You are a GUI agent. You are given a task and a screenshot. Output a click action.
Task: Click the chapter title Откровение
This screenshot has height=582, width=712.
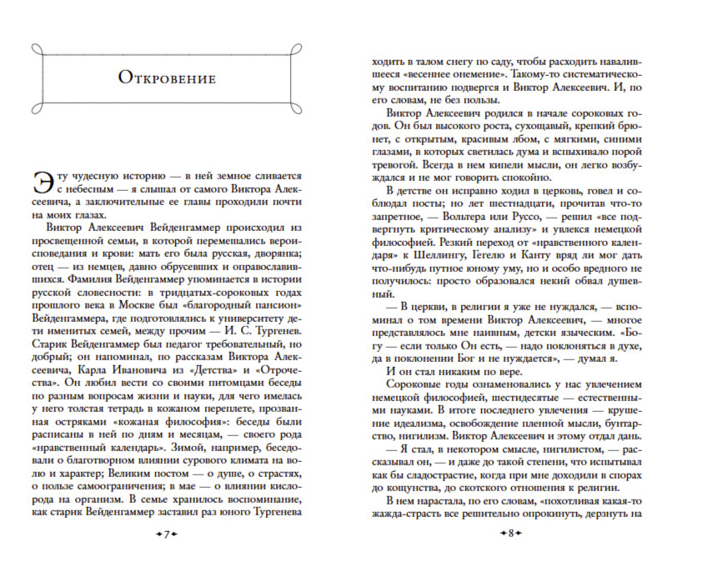[x=167, y=79]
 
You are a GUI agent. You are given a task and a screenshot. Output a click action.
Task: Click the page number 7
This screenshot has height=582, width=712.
[x=167, y=533]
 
